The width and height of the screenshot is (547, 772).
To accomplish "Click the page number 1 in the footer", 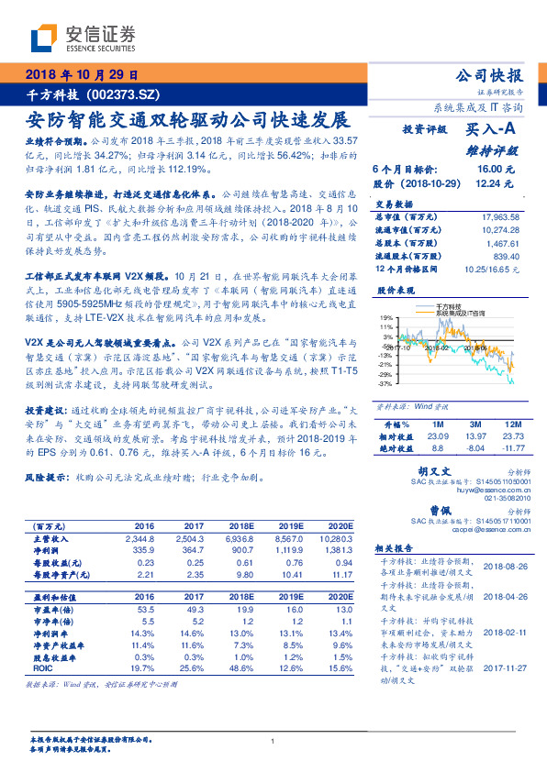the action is [x=273, y=742].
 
